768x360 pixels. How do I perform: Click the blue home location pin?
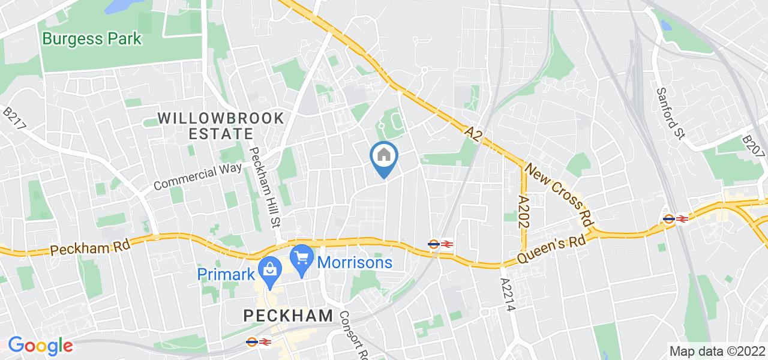[384, 157]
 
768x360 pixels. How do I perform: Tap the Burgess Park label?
[92, 40]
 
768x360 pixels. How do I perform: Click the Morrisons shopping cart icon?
[302, 259]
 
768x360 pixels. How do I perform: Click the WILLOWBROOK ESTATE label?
[221, 125]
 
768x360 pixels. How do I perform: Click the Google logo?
[40, 346]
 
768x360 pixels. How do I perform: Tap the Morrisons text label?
[355, 262]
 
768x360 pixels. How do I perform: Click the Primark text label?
[227, 274]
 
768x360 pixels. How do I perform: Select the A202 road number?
[523, 209]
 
